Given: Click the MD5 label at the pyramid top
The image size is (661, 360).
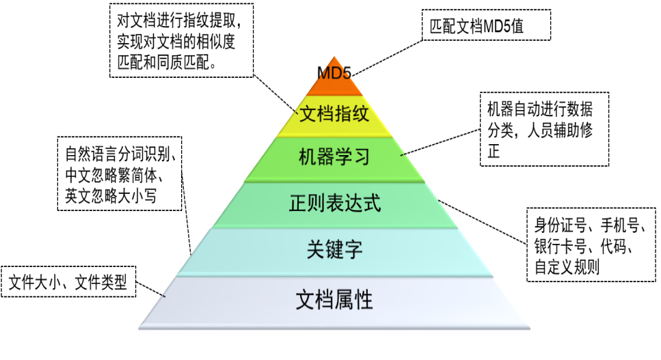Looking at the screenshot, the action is pos(334,73).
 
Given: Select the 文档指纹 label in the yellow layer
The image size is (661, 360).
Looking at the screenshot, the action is pos(334,113).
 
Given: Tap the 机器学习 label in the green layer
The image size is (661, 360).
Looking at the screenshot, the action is pos(334,156).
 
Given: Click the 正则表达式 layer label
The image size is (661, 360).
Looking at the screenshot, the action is pos(335,203).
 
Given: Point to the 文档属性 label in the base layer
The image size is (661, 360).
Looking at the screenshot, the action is pos(334,300).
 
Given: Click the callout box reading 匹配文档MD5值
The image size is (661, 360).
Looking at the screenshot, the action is pos(487,25).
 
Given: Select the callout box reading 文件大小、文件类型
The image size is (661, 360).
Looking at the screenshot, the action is pos(68,281).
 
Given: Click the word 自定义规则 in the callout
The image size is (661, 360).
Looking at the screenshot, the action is pos(567,266).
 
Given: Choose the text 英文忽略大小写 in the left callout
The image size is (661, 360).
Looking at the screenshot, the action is pos(111,195).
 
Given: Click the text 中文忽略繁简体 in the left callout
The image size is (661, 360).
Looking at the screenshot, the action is pos(111,175).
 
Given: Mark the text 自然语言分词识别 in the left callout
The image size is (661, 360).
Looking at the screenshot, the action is pos(118,154).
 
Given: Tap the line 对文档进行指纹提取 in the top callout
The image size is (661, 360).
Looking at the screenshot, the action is pos(176,20).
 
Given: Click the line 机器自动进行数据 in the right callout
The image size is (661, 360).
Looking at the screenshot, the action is pos(540,109).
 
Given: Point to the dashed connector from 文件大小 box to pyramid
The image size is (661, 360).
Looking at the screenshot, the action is pos(150,290).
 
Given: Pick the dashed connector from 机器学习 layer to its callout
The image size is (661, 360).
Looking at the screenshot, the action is pos(440,142).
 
